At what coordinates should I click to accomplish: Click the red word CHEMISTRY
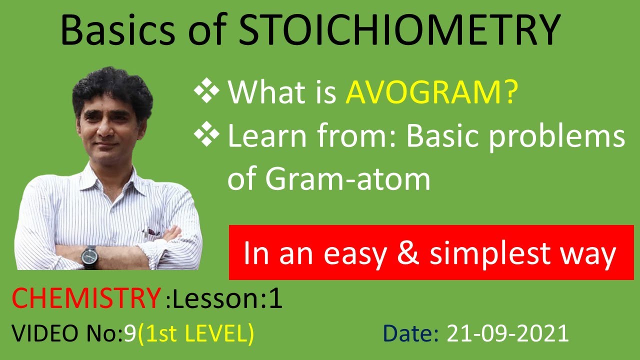tap(85, 298)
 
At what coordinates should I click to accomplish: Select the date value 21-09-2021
tap(508, 333)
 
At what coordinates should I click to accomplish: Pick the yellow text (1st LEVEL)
tap(195, 333)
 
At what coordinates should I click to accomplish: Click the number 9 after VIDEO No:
tap(129, 333)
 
